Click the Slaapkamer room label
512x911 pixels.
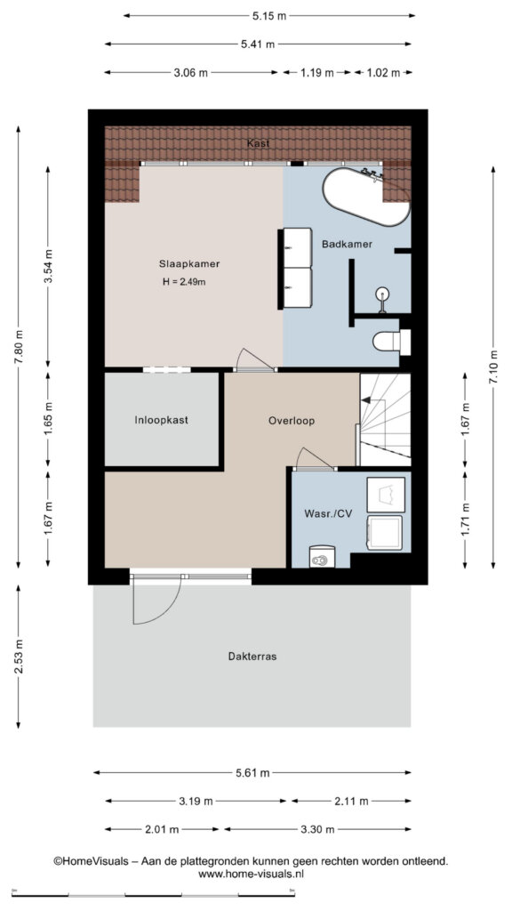[x=189, y=263]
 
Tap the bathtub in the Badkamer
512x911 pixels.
[x=366, y=197]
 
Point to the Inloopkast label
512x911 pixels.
[x=162, y=420]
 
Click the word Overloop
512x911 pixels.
[x=292, y=421]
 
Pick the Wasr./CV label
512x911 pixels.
[x=328, y=513]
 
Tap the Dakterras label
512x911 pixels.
[x=252, y=657]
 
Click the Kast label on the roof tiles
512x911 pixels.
[x=258, y=143]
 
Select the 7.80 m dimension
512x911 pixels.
[x=19, y=347]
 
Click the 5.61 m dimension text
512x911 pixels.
[x=252, y=773]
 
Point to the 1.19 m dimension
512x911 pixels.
[x=316, y=73]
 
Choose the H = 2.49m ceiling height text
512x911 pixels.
[x=185, y=282]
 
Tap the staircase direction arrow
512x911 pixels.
[x=367, y=399]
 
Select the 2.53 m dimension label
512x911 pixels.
[x=19, y=657]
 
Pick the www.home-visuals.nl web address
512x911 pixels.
[x=252, y=874]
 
